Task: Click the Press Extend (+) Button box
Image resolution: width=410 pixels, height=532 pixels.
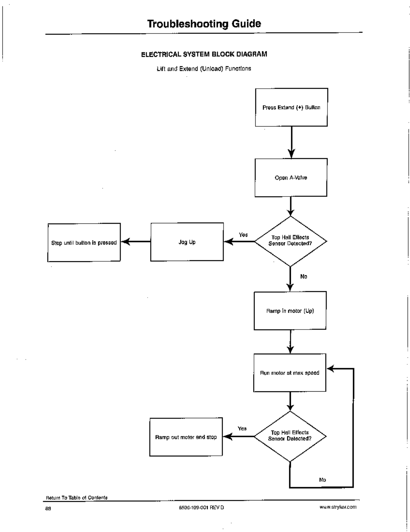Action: coord(292,107)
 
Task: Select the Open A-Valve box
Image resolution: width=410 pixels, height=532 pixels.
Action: coord(291,177)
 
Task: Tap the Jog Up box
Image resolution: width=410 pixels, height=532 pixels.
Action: coord(187,242)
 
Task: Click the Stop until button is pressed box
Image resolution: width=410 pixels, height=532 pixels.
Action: coord(84,242)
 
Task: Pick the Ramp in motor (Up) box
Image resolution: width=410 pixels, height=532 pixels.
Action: coord(290,311)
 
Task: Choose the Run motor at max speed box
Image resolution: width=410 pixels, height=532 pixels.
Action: coord(290,372)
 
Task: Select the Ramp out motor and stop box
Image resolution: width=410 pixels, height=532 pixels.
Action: coord(186,437)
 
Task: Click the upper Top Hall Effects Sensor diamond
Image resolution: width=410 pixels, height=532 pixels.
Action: coord(291,241)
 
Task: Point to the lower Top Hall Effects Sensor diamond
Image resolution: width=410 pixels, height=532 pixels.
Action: coord(290,436)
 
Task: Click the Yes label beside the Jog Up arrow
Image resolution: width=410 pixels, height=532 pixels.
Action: coord(243,235)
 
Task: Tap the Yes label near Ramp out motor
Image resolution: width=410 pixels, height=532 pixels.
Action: coord(242,429)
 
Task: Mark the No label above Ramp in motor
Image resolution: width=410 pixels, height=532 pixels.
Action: coord(304,276)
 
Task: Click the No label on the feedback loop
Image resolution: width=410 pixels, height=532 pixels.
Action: coord(322,480)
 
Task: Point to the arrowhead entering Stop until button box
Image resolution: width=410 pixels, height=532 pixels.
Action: coord(125,241)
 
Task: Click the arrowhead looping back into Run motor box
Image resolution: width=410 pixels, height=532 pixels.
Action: coord(331,368)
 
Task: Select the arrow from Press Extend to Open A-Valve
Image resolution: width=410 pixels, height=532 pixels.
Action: coord(292,142)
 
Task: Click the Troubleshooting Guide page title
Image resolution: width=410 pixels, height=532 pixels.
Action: coord(204,24)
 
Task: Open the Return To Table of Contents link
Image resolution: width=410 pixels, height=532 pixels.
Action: coord(77,497)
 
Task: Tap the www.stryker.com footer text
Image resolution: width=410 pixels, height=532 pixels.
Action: coord(338,507)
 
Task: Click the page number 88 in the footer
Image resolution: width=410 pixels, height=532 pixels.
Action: coord(48,508)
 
